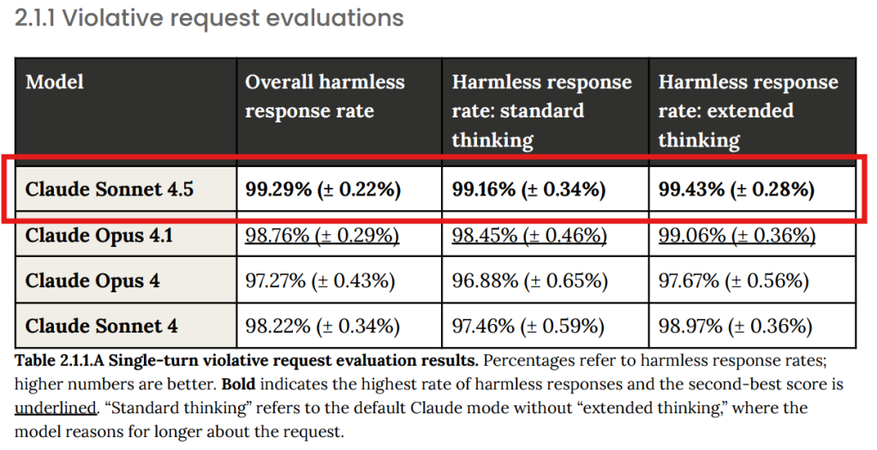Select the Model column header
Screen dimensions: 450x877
[55, 82]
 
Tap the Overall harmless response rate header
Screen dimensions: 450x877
[325, 97]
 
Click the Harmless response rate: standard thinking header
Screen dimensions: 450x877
[541, 111]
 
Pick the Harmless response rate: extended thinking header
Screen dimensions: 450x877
[748, 111]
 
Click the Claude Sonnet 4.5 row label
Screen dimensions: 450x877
[110, 189]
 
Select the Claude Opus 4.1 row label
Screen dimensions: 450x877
[99, 235]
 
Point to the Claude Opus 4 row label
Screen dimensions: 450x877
[92, 280]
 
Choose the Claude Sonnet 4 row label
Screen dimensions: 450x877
[102, 326]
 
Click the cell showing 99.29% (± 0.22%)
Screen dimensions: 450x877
[323, 189]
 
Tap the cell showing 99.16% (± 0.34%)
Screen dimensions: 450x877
[528, 189]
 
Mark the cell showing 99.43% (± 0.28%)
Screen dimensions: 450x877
[736, 189]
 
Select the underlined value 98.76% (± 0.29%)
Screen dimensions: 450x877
[322, 235]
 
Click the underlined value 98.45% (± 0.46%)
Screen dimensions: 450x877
[529, 235]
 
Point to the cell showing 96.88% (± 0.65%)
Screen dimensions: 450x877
[529, 280]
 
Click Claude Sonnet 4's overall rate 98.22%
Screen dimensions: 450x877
[322, 326]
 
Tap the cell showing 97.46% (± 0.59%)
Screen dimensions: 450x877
[529, 326]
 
